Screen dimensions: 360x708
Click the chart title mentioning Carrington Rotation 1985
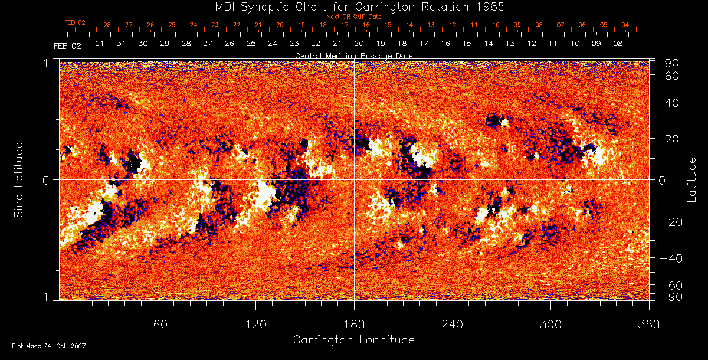click(353, 6)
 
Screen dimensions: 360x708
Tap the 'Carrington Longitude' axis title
click(353, 340)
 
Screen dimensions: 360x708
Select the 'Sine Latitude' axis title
click(19, 179)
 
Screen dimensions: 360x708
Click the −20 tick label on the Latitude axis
click(670, 222)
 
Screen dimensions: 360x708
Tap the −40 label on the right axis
click(670, 258)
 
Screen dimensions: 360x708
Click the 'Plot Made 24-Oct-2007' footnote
click(49, 346)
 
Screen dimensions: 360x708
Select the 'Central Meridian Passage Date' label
click(353, 55)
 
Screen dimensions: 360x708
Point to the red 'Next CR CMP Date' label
click(353, 17)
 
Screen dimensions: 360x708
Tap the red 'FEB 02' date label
click(75, 22)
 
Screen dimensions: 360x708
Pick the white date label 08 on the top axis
click(618, 44)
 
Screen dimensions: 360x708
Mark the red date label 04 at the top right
click(625, 25)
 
